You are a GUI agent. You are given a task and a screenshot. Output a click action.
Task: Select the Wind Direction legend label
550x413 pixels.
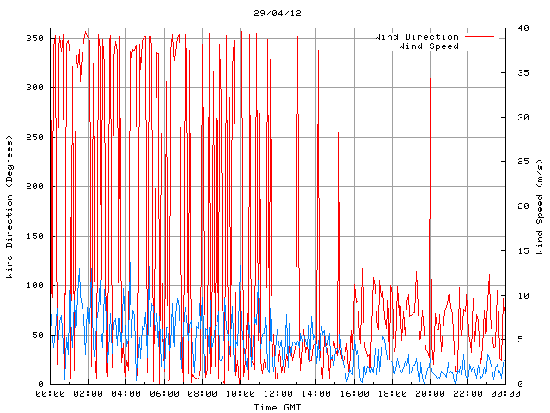[417, 37]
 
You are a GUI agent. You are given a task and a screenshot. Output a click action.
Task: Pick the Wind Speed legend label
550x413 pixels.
[429, 46]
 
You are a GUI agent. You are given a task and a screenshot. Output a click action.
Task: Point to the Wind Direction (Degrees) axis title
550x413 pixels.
[9, 206]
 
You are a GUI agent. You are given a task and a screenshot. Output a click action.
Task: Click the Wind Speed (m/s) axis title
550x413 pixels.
[540, 206]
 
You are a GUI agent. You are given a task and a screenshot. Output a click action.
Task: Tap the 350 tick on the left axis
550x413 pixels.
[34, 39]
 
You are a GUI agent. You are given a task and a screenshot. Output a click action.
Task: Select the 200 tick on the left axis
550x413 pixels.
[34, 187]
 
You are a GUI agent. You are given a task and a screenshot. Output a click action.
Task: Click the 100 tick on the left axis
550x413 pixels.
[34, 286]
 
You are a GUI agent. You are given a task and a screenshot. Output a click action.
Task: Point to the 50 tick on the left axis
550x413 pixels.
[37, 336]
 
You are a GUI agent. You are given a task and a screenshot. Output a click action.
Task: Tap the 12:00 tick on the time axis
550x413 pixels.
[278, 394]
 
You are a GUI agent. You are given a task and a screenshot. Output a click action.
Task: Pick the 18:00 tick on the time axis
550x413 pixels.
[391, 394]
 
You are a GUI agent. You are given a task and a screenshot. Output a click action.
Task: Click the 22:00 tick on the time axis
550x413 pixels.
[467, 394]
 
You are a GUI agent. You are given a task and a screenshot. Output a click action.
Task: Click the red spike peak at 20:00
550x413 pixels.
[430, 79]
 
